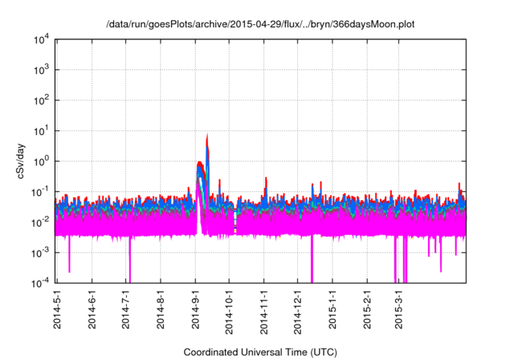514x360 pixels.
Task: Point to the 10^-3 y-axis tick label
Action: click(39, 252)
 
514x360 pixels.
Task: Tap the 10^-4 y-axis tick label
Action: click(39, 282)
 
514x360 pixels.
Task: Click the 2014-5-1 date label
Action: click(57, 308)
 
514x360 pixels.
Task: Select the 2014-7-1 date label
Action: click(126, 308)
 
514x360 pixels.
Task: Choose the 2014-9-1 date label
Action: click(195, 308)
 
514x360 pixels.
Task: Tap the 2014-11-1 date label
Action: click(264, 308)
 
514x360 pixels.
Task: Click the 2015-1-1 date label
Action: click(333, 308)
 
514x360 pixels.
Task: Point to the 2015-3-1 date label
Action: click(399, 308)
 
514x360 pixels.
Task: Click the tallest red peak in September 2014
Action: click(207, 136)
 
